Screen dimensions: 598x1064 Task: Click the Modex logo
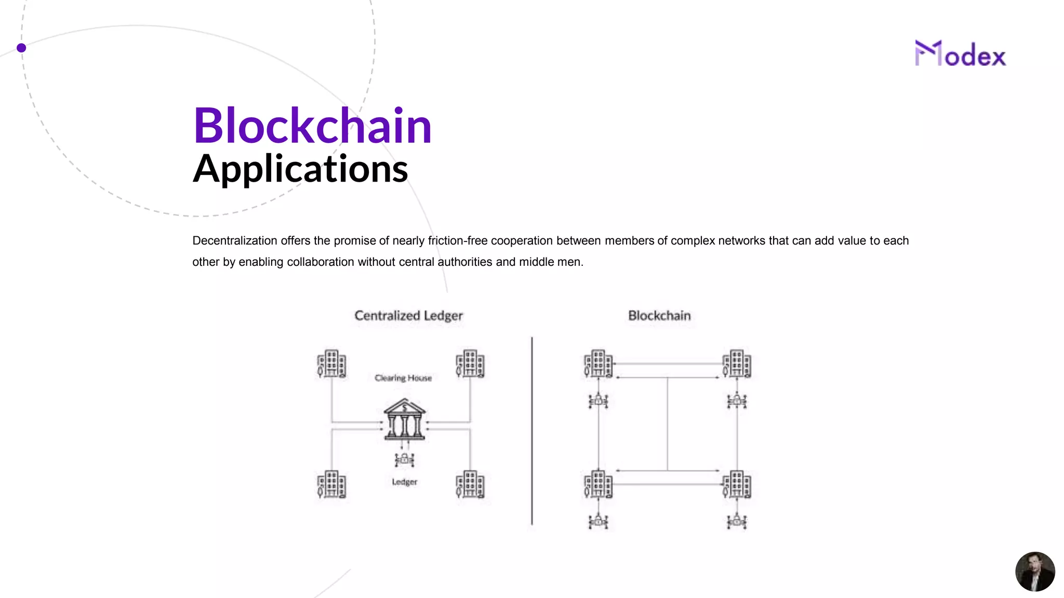(x=960, y=54)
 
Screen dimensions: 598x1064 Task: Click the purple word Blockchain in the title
(x=312, y=126)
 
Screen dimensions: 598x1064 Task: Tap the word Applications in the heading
(x=300, y=169)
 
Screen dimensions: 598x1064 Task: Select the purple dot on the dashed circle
(x=21, y=48)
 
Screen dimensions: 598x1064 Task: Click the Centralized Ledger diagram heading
(x=408, y=316)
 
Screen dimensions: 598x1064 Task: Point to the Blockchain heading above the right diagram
(x=659, y=316)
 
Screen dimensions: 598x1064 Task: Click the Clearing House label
(x=403, y=378)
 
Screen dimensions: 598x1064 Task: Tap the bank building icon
(x=405, y=419)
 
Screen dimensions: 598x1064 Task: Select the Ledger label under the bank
(x=404, y=482)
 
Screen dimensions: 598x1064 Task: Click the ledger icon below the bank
(x=404, y=459)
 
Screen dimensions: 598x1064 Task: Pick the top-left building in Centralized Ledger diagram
(x=331, y=363)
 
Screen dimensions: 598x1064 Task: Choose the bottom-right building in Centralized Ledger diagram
(x=470, y=484)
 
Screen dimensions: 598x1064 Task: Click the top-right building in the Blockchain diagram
(x=737, y=363)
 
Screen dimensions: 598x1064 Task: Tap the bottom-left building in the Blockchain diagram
(x=598, y=484)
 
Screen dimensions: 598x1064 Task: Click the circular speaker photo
(x=1035, y=572)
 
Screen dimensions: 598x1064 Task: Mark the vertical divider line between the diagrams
(x=532, y=431)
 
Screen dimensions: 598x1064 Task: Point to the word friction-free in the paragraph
(x=458, y=241)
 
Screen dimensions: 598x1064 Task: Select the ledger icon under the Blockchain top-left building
(x=598, y=401)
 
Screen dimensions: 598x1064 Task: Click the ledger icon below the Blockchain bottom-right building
(x=737, y=521)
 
